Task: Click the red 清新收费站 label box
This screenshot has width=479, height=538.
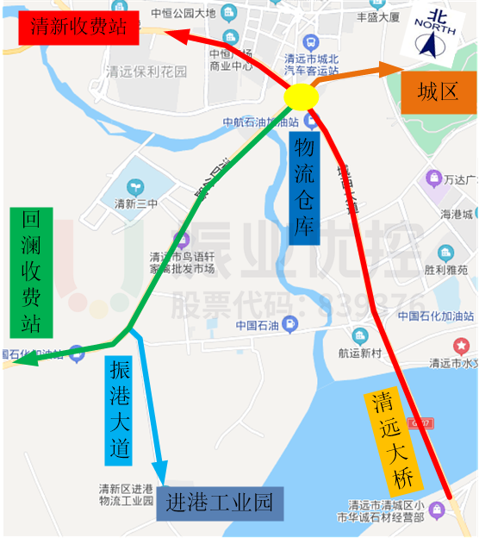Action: pyautogui.click(x=78, y=28)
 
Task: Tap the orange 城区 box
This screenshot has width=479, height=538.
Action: pyautogui.click(x=438, y=92)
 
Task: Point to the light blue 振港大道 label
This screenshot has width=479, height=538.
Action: pyautogui.click(x=120, y=409)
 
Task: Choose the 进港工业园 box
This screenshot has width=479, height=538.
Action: pyautogui.click(x=221, y=502)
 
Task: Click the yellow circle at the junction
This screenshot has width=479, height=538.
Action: pyautogui.click(x=302, y=97)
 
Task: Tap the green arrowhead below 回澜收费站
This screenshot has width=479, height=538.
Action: pyautogui.click(x=17, y=362)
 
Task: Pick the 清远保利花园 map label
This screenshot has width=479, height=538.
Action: pyautogui.click(x=145, y=72)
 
